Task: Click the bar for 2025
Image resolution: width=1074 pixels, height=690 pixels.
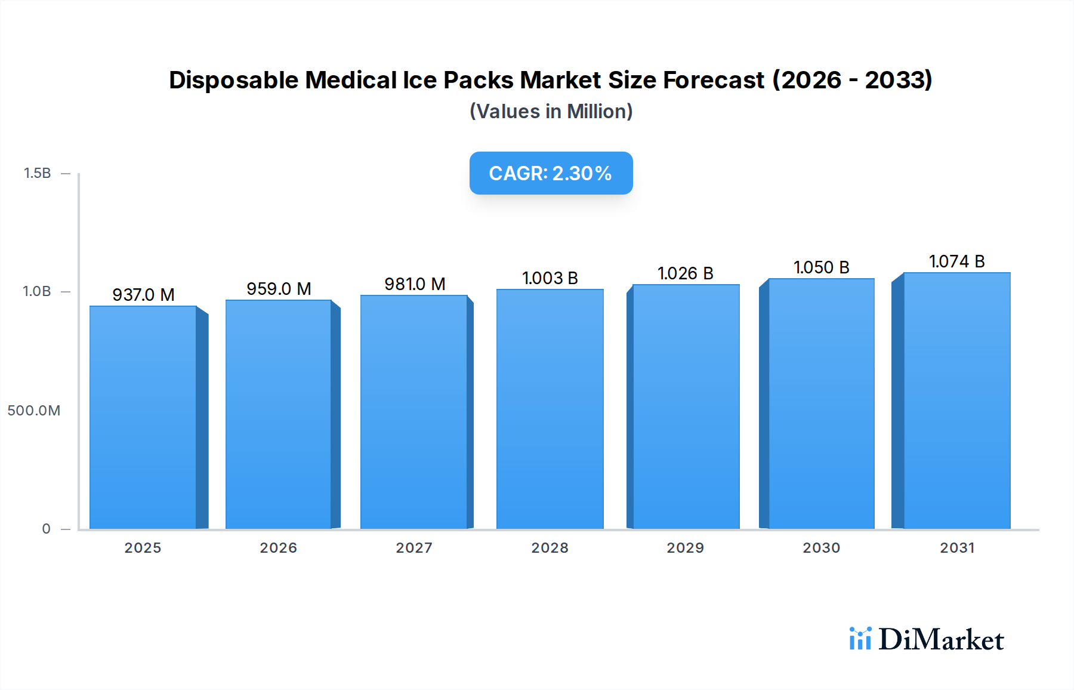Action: click(143, 417)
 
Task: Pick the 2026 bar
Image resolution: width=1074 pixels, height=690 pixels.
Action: click(278, 414)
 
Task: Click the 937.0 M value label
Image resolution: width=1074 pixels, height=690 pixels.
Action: click(143, 295)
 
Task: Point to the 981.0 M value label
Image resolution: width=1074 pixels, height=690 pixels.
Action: click(415, 284)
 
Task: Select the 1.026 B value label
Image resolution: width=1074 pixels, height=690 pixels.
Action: click(685, 273)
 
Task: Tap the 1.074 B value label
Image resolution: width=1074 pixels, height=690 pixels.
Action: click(956, 261)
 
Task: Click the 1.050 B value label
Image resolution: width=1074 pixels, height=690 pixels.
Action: click(821, 267)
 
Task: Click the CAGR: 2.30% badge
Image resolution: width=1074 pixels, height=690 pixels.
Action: click(551, 173)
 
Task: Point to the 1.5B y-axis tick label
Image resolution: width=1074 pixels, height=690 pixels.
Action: click(37, 173)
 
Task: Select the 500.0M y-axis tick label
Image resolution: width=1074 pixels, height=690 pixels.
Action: click(34, 411)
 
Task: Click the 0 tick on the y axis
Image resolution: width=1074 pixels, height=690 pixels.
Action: click(46, 529)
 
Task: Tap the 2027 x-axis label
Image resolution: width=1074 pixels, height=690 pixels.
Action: click(414, 548)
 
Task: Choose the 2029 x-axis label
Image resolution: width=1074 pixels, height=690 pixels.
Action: click(685, 548)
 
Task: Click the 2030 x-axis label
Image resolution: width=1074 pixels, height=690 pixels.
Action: click(821, 548)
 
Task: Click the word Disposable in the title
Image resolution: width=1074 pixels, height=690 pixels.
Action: click(233, 80)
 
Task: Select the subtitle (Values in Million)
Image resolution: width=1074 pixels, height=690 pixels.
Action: click(551, 112)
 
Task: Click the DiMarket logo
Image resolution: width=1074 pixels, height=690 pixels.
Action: click(927, 639)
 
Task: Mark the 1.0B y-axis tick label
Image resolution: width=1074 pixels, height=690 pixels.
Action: click(37, 291)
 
